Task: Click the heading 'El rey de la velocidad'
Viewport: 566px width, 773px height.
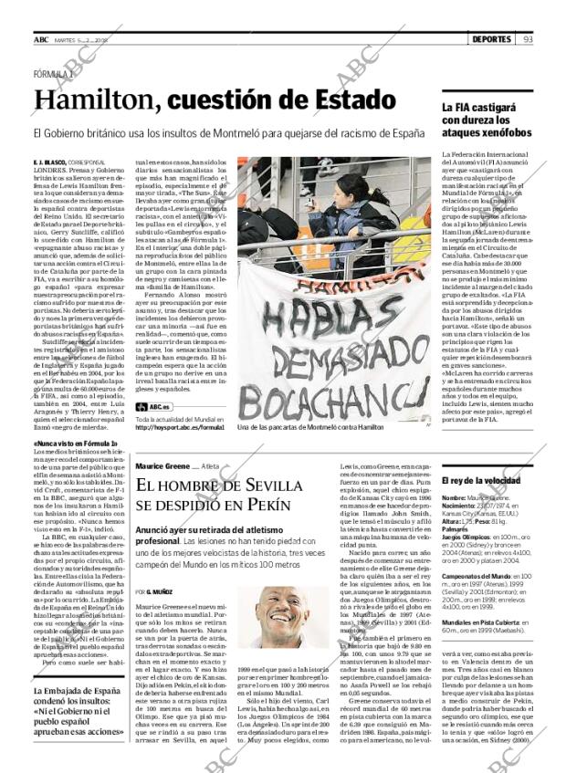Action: (480, 479)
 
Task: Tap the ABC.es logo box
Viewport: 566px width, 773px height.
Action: (152, 405)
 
